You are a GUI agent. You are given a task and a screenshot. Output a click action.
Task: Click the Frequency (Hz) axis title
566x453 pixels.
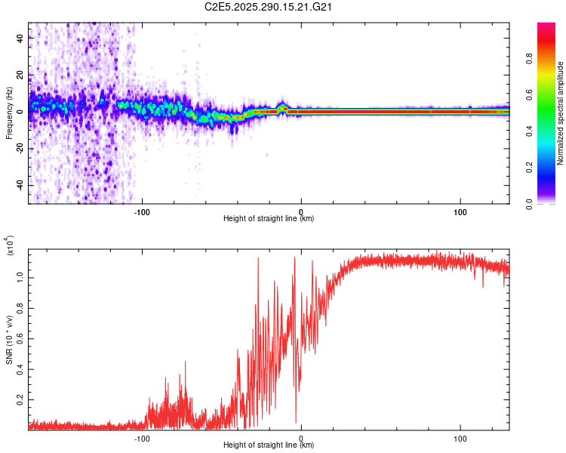click(9, 112)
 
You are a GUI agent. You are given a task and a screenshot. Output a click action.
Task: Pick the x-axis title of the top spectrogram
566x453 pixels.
click(269, 219)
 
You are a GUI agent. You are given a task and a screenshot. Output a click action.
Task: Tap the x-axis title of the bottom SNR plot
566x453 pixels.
click(269, 445)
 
